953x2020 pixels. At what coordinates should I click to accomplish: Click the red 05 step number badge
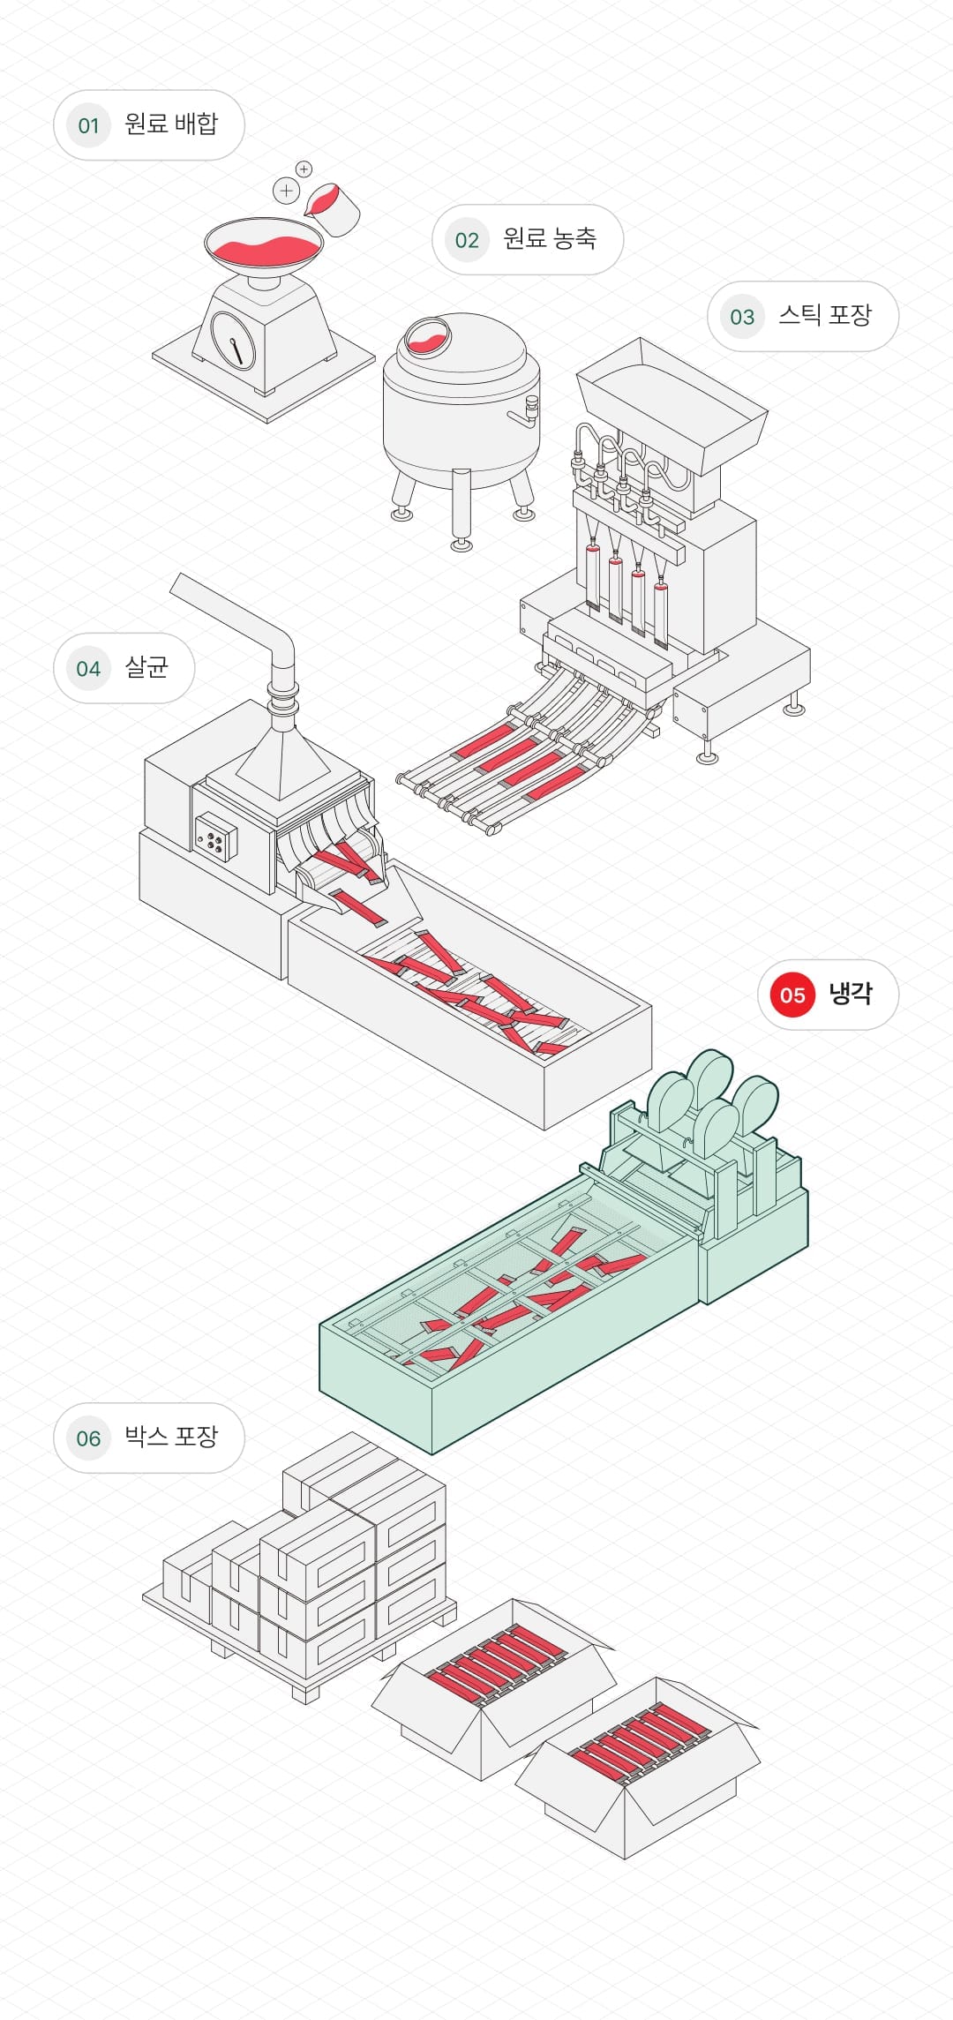point(792,995)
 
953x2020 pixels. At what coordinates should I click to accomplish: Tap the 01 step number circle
point(88,125)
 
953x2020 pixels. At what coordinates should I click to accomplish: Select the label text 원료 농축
point(550,238)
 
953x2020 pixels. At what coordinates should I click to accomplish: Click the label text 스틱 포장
point(824,315)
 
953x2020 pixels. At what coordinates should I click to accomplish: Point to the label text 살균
point(146,667)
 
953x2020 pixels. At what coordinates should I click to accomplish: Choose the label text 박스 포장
point(170,1437)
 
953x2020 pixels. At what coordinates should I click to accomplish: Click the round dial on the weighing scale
point(233,339)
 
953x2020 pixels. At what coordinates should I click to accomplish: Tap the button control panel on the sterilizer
point(215,837)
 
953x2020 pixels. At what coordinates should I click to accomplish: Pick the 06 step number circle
point(88,1438)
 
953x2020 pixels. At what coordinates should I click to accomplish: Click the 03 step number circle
point(742,317)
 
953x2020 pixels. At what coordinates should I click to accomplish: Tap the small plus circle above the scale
point(304,169)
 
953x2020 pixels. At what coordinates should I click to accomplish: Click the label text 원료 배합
point(170,124)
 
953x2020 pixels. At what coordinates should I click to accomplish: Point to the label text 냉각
point(850,994)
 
